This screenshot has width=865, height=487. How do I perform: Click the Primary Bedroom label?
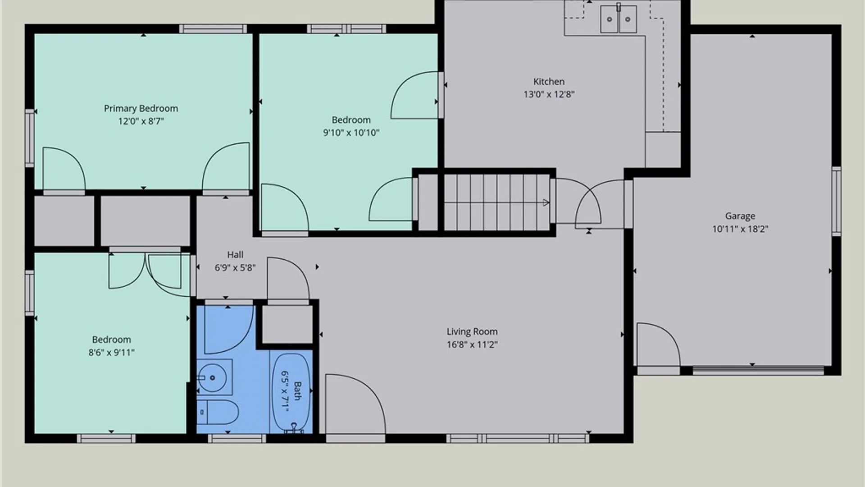(x=141, y=108)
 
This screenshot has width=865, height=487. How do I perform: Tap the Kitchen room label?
(x=549, y=82)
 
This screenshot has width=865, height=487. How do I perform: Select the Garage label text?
(x=740, y=216)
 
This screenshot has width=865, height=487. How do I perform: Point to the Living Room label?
(x=472, y=331)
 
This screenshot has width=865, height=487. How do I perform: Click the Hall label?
(x=235, y=255)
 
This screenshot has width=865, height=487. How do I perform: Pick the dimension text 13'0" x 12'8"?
(x=549, y=94)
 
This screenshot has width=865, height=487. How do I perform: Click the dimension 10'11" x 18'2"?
(x=740, y=229)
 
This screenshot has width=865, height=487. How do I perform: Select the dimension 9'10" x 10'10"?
(x=351, y=133)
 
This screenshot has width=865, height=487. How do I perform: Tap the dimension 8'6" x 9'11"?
(x=111, y=353)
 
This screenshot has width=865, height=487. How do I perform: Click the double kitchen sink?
(x=618, y=19)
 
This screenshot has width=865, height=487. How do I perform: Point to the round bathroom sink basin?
(x=212, y=377)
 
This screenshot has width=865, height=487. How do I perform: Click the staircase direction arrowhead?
(x=546, y=203)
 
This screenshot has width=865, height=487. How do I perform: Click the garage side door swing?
(x=658, y=344)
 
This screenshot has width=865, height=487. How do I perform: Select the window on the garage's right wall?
(x=836, y=201)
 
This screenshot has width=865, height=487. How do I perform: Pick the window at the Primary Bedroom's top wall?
(x=213, y=29)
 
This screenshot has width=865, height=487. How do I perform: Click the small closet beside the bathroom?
(x=287, y=324)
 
